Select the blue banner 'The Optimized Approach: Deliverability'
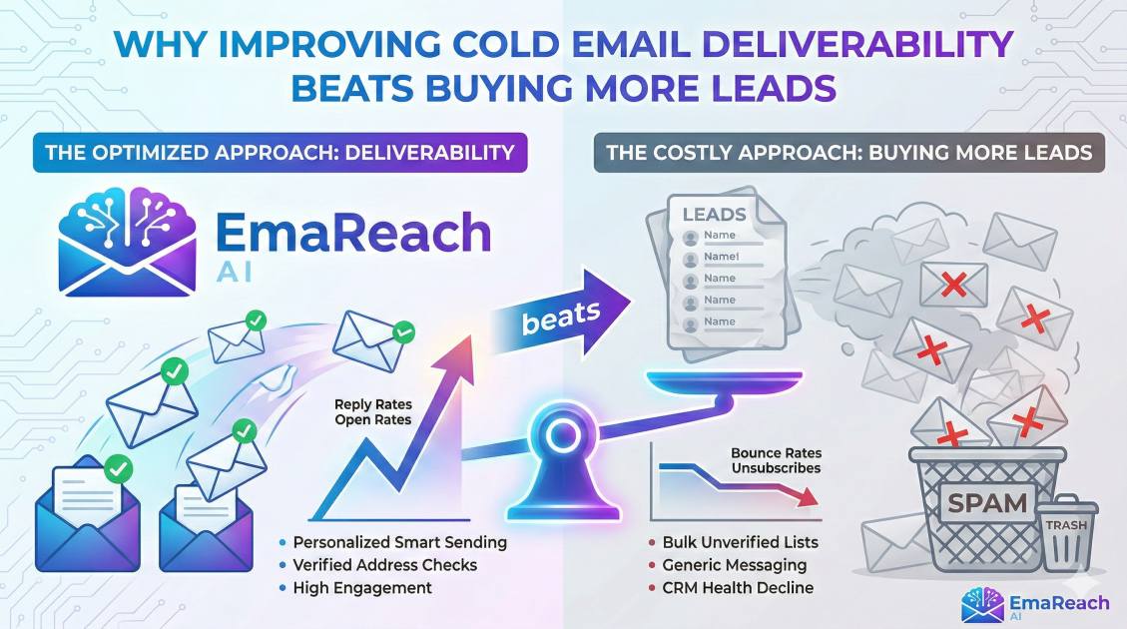[280, 153]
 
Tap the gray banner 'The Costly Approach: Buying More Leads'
[849, 153]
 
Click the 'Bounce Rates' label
[776, 452]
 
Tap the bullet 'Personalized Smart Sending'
[399, 542]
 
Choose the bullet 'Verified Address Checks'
[384, 565]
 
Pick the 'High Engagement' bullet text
[362, 588]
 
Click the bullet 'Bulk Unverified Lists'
[740, 542]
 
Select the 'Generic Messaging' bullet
[735, 565]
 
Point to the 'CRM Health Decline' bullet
[738, 588]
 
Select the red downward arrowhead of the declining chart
[807, 495]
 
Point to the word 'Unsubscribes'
[776, 468]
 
